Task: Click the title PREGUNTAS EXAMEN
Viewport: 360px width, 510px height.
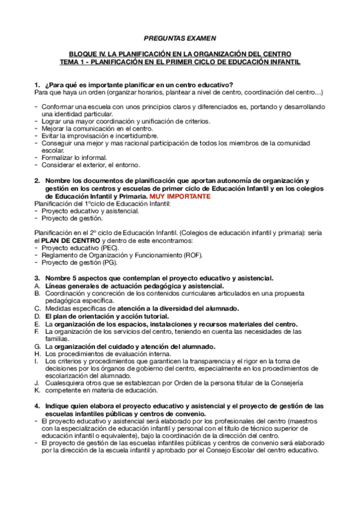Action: click(180, 37)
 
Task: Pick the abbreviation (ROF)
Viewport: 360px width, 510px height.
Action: click(191, 255)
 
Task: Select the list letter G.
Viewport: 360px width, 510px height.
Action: click(37, 346)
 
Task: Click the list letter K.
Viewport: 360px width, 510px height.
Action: click(37, 390)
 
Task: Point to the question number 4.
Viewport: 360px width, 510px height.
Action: click(37, 405)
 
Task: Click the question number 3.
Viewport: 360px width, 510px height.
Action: click(37, 277)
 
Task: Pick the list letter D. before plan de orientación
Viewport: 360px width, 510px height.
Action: click(37, 316)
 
